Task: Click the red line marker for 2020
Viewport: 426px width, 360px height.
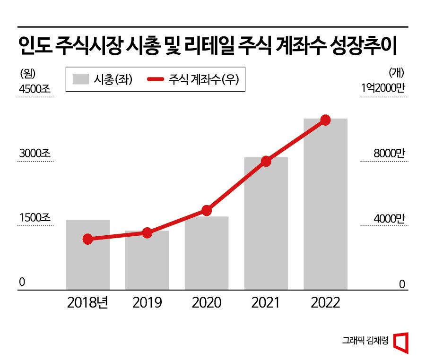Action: coord(207,210)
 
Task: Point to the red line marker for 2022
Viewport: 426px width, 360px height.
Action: coord(325,120)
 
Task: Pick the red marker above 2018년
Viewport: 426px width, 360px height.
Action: coord(87,239)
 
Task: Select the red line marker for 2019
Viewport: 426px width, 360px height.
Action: coord(147,232)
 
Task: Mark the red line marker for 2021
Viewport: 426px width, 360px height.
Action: coord(266,161)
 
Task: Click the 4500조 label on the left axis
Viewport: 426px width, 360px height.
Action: coord(35,88)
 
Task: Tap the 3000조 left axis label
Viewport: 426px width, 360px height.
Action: coord(35,154)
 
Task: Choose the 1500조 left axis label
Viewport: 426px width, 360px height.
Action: coord(35,218)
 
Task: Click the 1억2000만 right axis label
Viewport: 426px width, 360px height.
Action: coord(383,88)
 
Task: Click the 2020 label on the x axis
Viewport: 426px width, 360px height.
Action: coord(207,302)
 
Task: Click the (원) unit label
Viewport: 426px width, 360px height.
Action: coord(28,73)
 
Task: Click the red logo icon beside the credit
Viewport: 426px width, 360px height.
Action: coord(401,342)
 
